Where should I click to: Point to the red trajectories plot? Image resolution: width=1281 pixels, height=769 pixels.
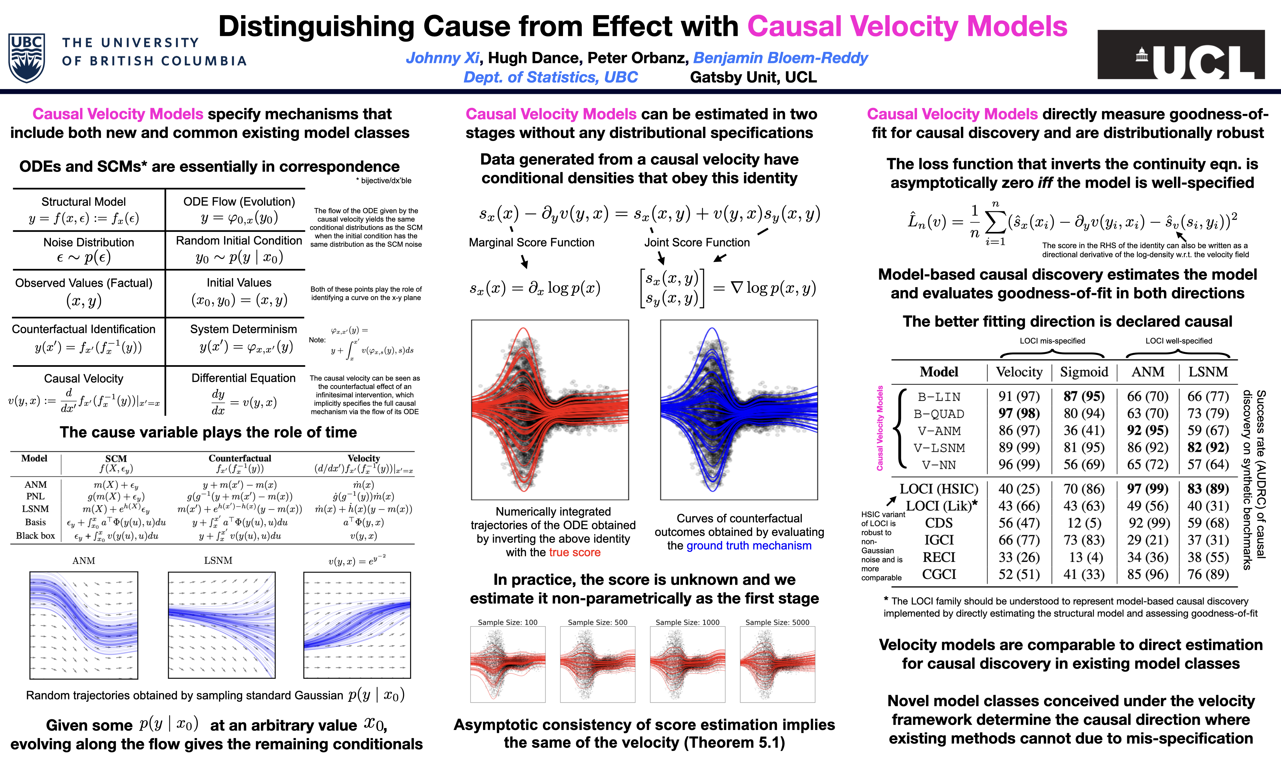(x=550, y=409)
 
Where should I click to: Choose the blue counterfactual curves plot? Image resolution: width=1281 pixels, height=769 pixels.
(x=739, y=409)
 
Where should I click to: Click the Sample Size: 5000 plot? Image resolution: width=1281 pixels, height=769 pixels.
(x=777, y=664)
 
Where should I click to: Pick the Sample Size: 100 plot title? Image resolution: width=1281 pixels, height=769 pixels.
(x=507, y=622)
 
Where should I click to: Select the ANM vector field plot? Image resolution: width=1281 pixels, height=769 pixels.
(x=84, y=625)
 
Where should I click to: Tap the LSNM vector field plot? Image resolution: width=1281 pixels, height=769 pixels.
(x=222, y=625)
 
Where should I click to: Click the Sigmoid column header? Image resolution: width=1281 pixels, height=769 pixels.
(x=1084, y=372)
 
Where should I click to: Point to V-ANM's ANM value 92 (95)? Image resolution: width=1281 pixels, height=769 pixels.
(x=1148, y=431)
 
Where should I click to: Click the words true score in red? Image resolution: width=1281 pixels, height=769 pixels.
(x=575, y=552)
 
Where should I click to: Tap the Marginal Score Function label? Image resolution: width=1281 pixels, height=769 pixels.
(x=531, y=243)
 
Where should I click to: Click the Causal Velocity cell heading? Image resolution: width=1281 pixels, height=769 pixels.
(x=84, y=378)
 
